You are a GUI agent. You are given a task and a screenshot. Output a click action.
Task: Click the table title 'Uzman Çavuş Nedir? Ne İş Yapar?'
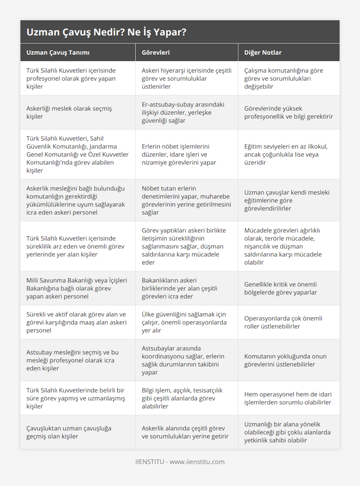tap(106, 32)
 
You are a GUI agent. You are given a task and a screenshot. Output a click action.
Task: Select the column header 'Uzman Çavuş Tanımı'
tap(58, 52)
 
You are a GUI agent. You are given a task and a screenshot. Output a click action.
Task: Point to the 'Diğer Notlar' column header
tap(263, 52)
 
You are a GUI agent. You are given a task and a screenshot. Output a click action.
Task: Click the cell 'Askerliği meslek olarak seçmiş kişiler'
tap(69, 112)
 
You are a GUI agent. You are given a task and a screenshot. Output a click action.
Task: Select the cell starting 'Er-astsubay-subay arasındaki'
tap(183, 112)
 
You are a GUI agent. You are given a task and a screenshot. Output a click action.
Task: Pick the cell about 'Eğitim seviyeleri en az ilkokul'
tap(286, 154)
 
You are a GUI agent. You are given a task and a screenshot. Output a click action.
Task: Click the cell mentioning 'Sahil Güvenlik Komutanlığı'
tap(77, 154)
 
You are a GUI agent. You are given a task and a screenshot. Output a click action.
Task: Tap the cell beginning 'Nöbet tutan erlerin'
tap(186, 200)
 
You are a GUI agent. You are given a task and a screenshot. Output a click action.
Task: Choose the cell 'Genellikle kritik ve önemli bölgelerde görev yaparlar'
tap(280, 288)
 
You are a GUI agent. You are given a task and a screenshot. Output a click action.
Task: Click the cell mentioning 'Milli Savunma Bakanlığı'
tap(76, 288)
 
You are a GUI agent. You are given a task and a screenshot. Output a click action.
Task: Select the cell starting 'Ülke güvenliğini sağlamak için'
tap(184, 322)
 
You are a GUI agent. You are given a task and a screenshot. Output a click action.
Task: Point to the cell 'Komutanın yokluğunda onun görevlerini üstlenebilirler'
tap(285, 360)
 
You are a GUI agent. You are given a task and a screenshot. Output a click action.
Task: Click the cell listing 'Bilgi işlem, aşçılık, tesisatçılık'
tap(182, 398)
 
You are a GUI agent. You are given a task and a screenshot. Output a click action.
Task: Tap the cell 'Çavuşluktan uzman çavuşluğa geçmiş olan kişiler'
tap(69, 432)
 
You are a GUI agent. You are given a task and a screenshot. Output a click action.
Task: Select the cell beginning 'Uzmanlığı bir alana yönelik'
tap(287, 432)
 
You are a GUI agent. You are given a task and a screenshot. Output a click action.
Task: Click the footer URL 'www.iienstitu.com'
tap(197, 462)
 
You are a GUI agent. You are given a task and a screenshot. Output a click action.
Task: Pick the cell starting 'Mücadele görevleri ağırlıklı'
tap(283, 246)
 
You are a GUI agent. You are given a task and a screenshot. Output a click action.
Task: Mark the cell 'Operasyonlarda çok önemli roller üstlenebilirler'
tap(283, 322)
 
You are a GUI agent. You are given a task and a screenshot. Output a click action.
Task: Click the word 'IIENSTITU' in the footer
tap(149, 462)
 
